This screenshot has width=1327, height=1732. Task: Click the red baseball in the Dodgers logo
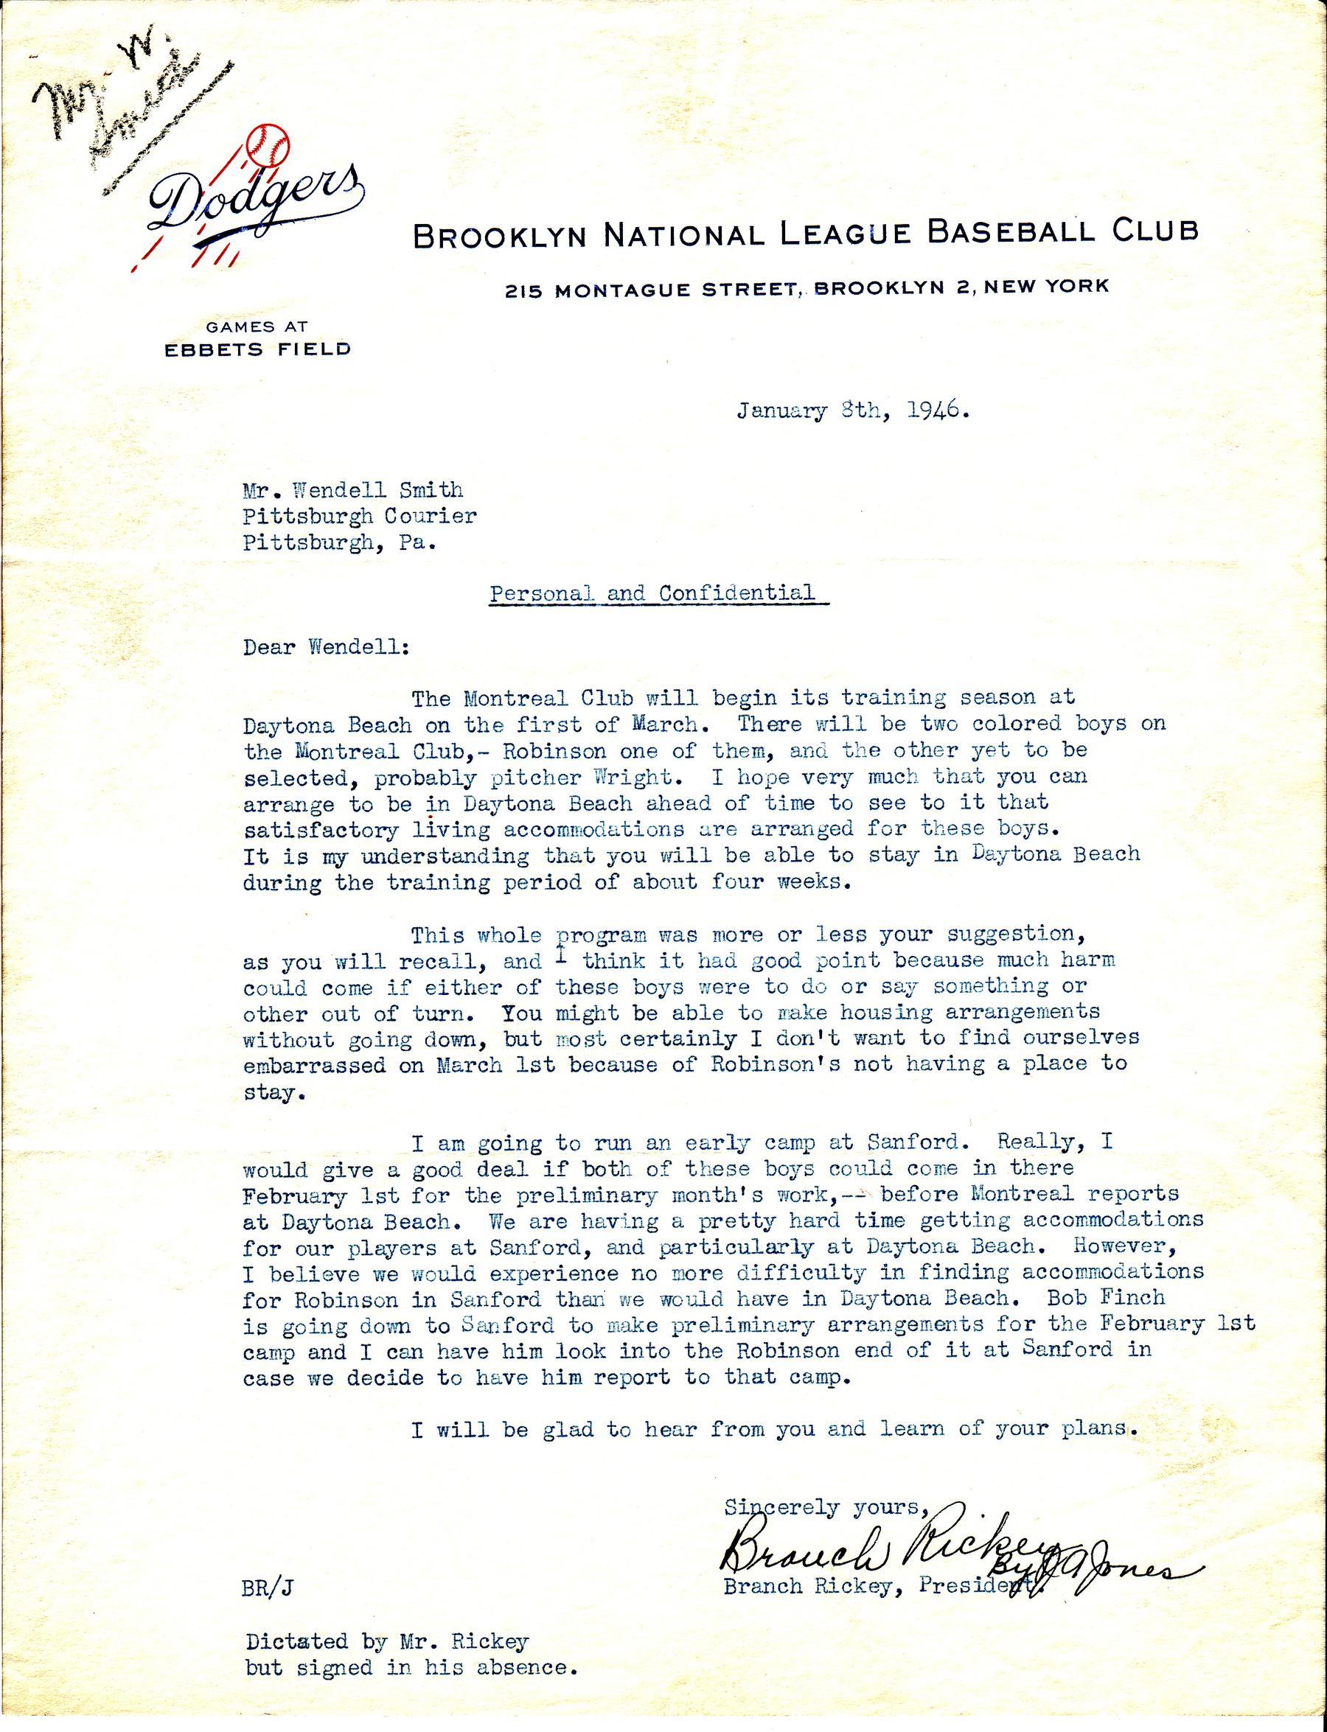[x=268, y=144]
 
